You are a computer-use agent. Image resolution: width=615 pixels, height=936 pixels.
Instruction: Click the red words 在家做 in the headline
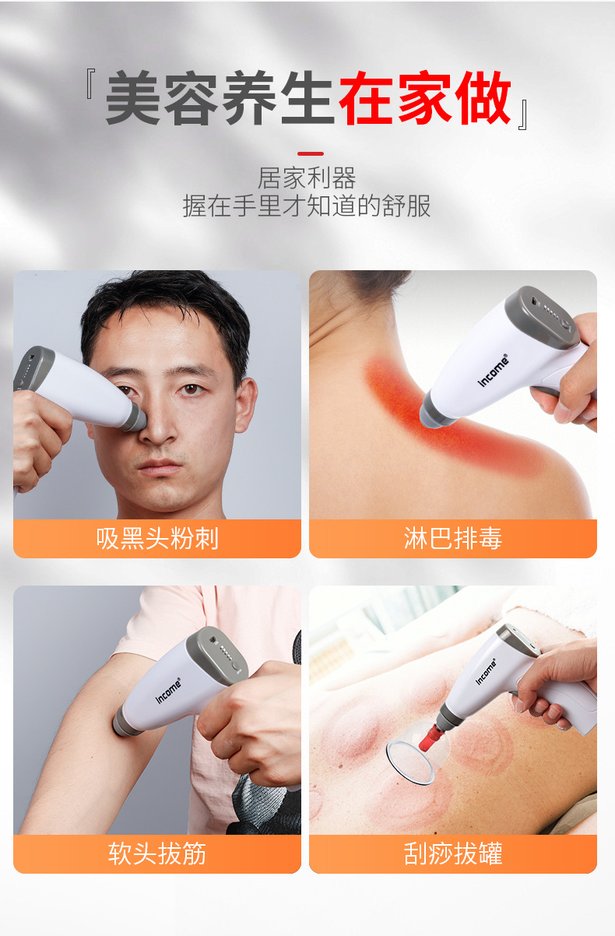(425, 99)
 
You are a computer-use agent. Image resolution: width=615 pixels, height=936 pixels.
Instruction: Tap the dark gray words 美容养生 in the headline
(220, 99)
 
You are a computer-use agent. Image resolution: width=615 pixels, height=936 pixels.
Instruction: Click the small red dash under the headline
(310, 153)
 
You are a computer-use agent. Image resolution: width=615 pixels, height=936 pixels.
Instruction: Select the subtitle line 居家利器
(307, 178)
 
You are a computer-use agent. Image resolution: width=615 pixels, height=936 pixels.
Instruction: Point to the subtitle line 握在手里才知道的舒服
(307, 206)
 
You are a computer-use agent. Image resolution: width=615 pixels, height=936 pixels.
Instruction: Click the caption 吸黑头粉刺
(157, 538)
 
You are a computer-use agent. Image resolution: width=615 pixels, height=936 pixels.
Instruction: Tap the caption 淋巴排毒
(452, 538)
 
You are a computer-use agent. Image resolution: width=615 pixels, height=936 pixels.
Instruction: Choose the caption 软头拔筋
(157, 853)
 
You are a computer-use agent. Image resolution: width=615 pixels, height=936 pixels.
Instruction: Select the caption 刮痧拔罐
(452, 853)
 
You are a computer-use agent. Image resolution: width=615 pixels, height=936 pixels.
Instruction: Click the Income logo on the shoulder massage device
(493, 371)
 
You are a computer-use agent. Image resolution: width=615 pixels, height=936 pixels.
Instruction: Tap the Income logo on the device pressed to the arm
(167, 690)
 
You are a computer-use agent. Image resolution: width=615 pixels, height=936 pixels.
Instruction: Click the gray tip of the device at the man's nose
(135, 417)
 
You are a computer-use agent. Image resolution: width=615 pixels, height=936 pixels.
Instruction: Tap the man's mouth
(161, 467)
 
